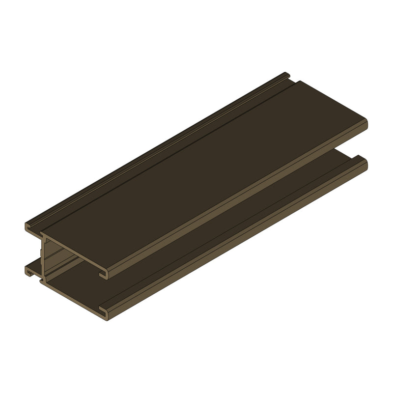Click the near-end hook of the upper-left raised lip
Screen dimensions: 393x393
pyautogui.click(x=29, y=227)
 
